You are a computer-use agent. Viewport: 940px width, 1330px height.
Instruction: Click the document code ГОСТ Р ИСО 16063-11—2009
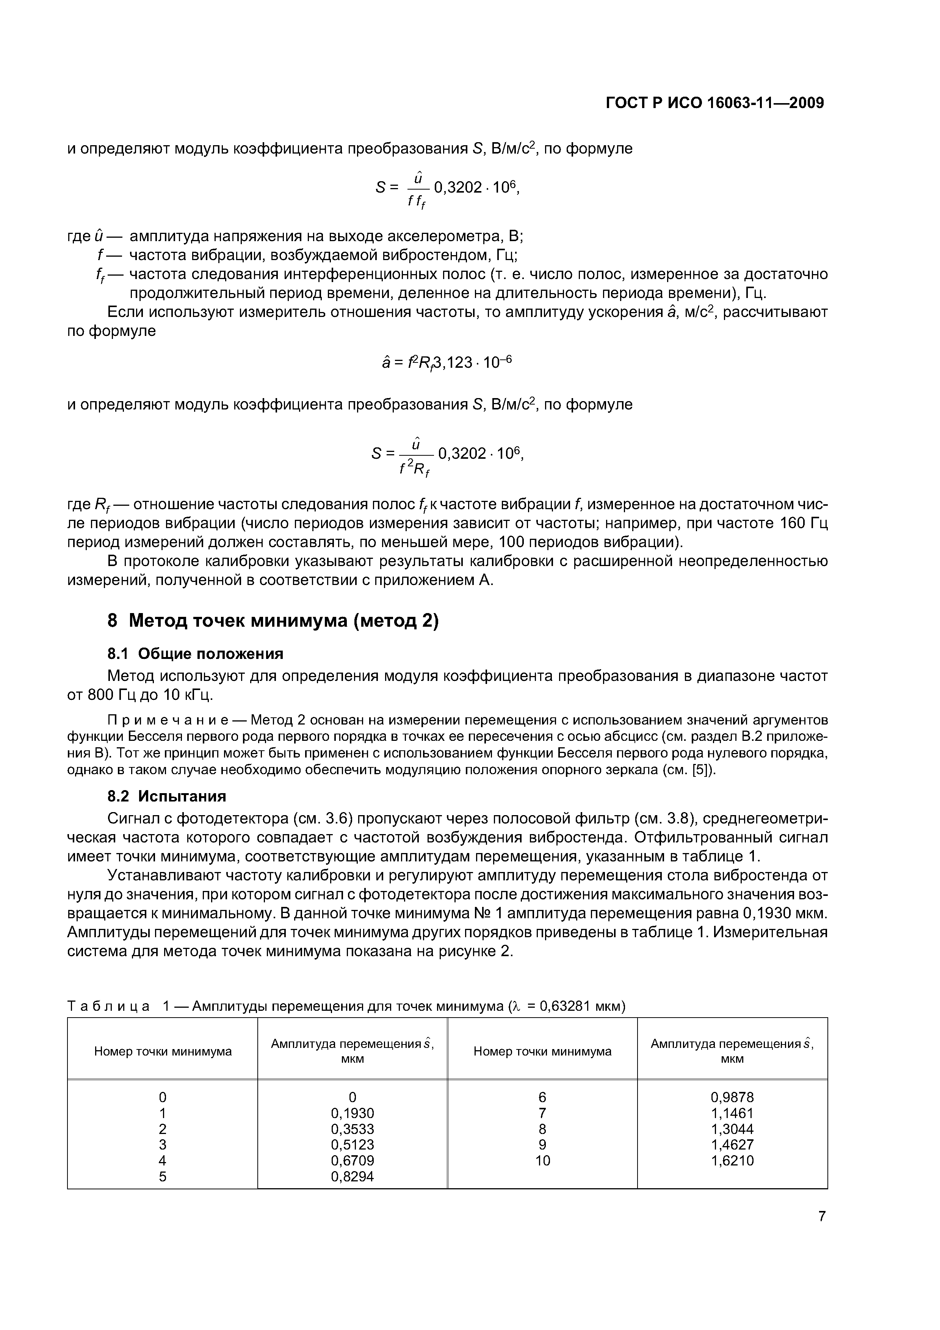pos(714,103)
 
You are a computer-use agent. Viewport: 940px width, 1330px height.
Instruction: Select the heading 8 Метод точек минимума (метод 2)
pos(273,620)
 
